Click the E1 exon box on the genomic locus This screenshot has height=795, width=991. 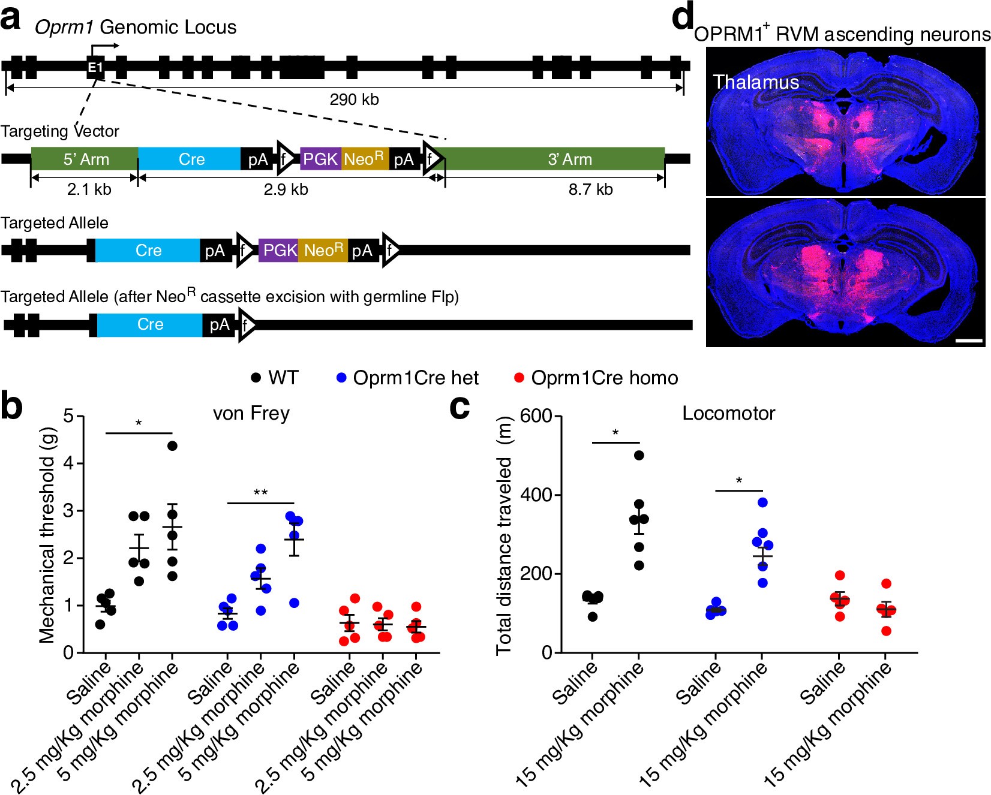[95, 67]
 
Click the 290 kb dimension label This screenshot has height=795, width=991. [354, 100]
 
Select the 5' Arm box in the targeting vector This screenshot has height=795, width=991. [85, 159]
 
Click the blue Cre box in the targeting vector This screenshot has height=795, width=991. [190, 159]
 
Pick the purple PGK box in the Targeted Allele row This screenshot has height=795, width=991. [279, 250]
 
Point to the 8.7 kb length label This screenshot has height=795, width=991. [590, 190]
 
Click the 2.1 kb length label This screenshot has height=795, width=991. [89, 190]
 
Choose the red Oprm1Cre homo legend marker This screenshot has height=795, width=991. [519, 378]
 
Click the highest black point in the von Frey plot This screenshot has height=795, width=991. [172, 445]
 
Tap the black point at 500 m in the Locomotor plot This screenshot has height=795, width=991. [639, 455]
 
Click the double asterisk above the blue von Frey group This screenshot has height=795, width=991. [260, 493]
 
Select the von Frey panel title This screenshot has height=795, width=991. [251, 414]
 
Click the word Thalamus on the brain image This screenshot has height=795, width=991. [756, 82]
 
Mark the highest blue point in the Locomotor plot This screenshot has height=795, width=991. [762, 502]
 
